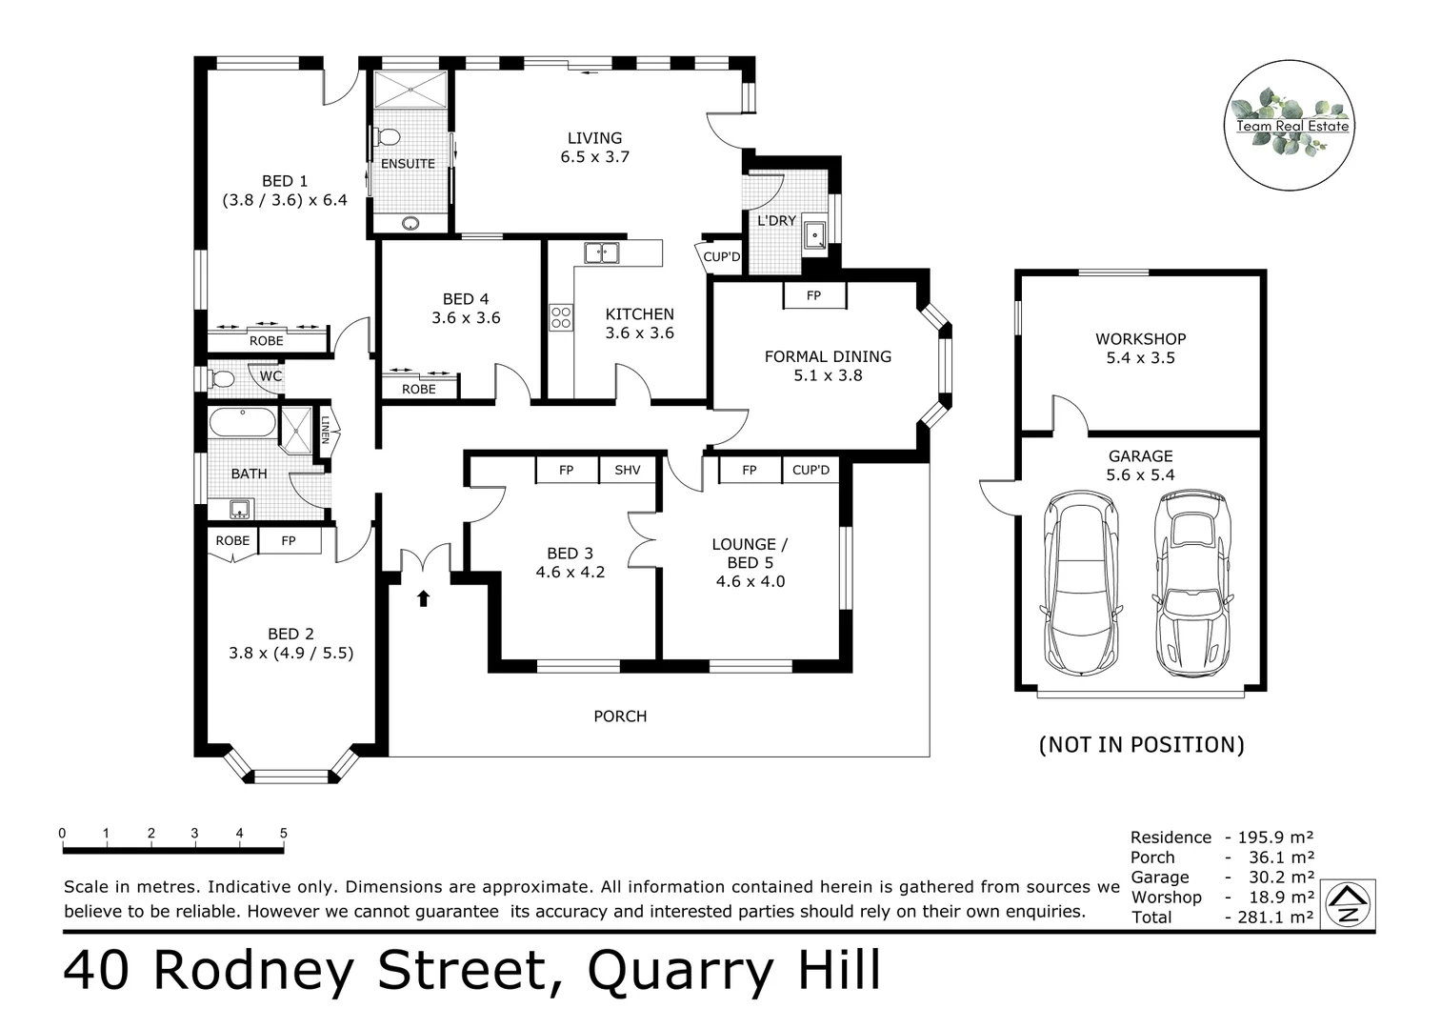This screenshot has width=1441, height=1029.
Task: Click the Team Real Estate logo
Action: [1289, 125]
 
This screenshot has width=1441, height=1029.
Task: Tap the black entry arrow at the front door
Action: [424, 598]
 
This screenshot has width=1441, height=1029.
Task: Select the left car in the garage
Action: [1079, 582]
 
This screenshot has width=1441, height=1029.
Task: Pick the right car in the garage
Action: [1190, 582]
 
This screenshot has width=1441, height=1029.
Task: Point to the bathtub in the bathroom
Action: [242, 422]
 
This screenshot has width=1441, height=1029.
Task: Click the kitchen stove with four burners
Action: [560, 317]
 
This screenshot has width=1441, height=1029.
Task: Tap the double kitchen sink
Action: [601, 252]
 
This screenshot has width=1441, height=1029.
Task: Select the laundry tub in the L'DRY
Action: [815, 234]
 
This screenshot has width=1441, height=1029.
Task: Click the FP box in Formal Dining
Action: [814, 295]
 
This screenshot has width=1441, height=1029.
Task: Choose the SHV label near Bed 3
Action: [628, 470]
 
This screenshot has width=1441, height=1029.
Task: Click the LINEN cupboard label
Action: [325, 430]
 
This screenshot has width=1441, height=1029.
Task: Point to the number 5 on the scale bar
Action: [284, 834]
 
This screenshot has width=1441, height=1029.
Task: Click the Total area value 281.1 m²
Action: [1275, 918]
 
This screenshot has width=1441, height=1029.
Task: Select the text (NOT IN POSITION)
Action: [1141, 744]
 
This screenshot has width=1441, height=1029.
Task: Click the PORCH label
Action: [620, 716]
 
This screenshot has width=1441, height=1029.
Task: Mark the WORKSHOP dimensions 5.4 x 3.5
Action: [1140, 358]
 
